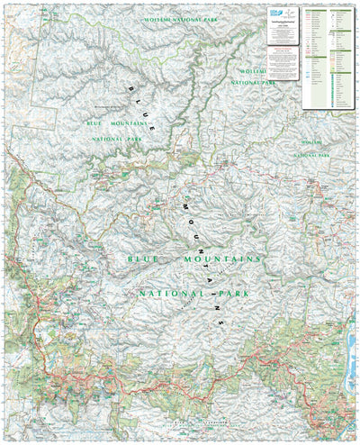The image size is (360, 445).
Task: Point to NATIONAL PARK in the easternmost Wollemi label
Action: point(312,155)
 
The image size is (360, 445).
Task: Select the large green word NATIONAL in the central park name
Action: point(172,294)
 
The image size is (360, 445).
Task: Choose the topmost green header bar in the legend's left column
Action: point(312,10)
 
